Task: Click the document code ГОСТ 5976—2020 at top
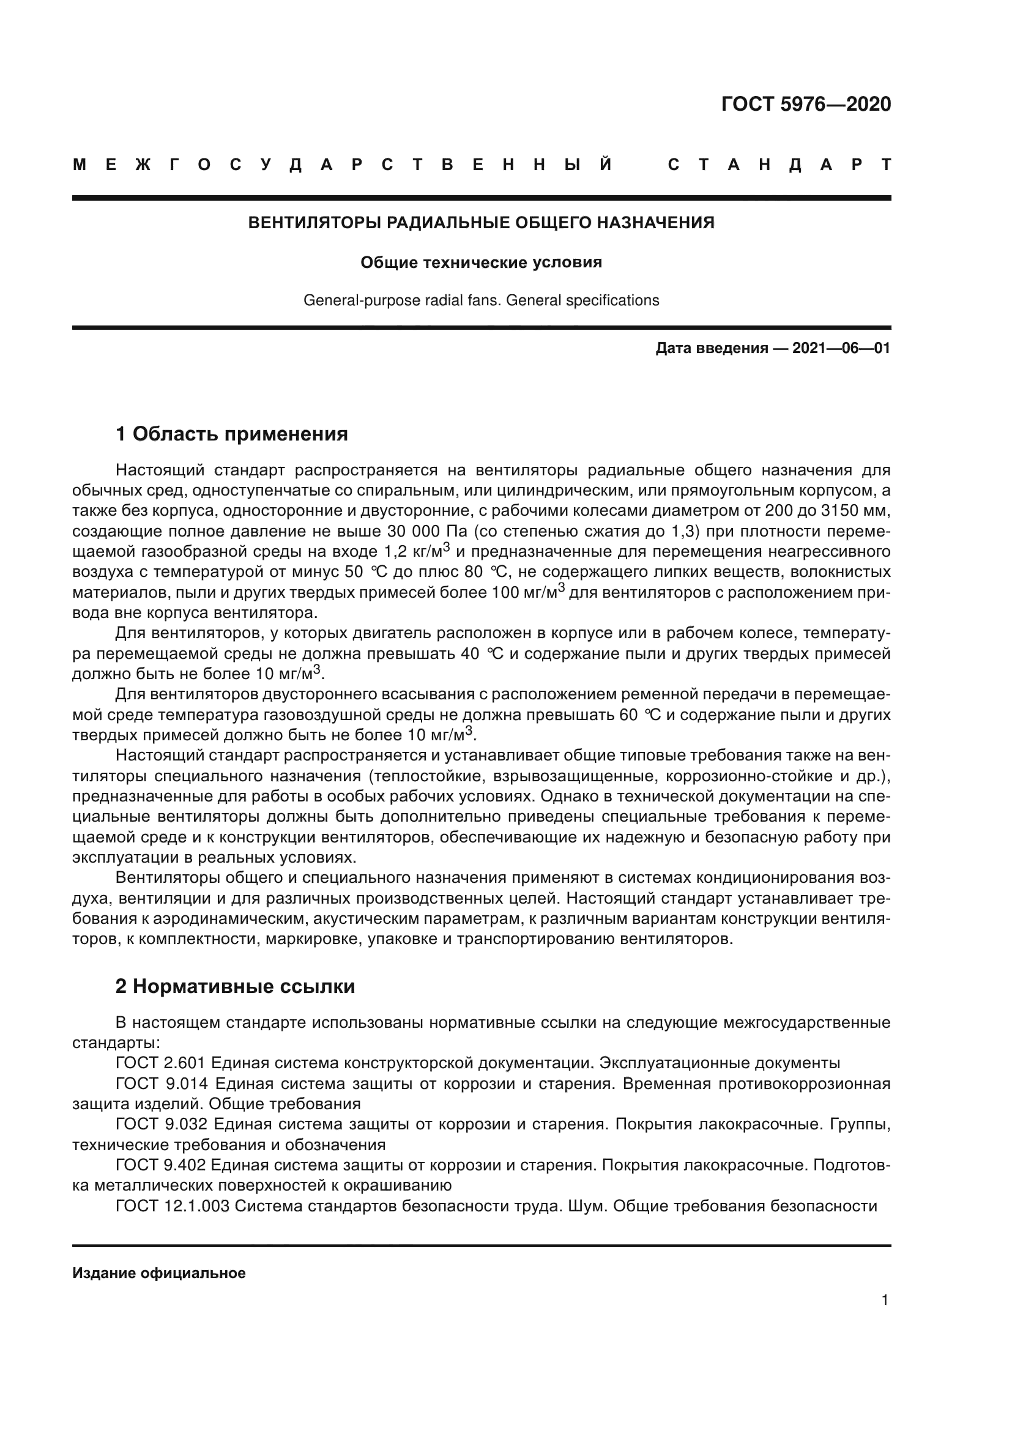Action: (806, 104)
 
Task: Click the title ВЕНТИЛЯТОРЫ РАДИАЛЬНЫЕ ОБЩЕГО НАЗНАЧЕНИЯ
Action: (481, 223)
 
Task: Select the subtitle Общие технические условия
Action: (481, 262)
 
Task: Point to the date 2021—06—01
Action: (841, 348)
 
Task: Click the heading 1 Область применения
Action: (232, 434)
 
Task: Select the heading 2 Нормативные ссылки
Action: (236, 987)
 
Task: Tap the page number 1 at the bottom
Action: (885, 1300)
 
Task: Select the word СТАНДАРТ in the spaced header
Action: (779, 165)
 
